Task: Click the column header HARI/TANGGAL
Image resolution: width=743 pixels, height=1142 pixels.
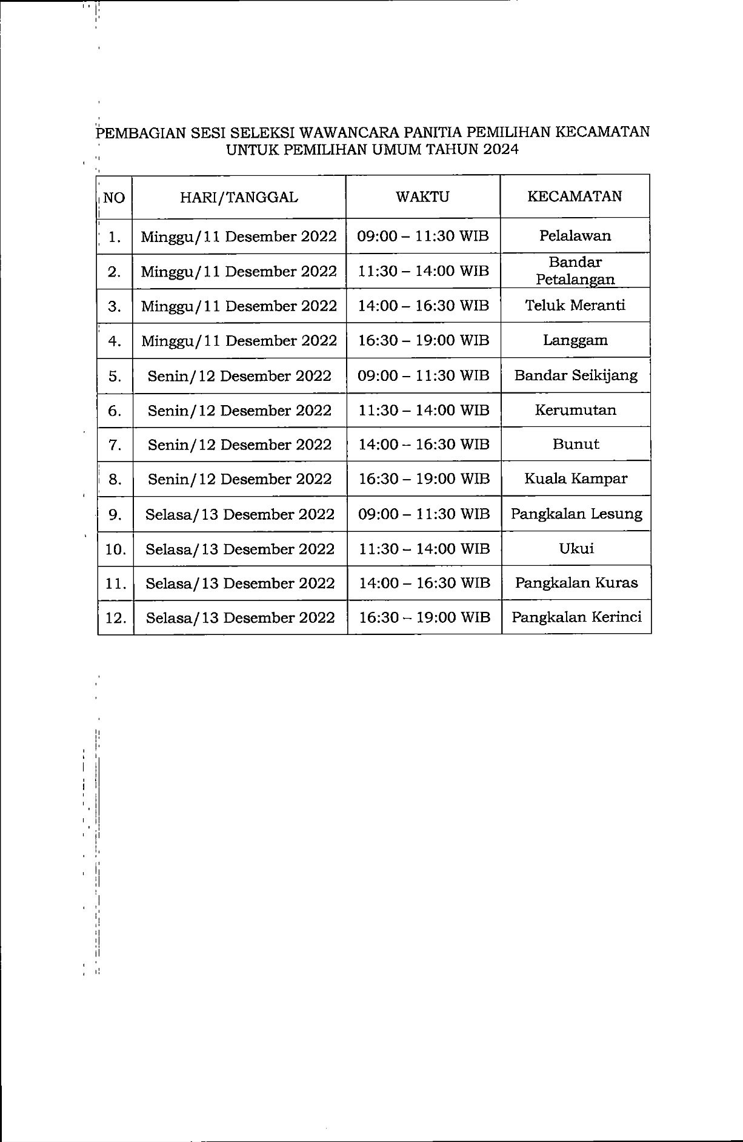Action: click(239, 197)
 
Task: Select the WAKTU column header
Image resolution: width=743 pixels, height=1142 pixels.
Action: click(422, 196)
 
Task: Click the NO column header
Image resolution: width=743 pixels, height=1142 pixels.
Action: click(114, 197)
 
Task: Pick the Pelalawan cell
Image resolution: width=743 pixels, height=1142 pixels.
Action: click(575, 235)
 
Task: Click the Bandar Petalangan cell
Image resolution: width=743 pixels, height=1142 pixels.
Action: click(575, 270)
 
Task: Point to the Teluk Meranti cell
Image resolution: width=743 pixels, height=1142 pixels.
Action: click(575, 305)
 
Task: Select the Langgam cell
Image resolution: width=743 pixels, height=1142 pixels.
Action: click(575, 340)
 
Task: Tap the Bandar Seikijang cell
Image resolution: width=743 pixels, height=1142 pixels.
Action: click(576, 375)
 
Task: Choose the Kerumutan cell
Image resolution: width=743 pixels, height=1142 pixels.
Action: click(576, 409)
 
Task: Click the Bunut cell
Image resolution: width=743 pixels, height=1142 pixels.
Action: click(576, 444)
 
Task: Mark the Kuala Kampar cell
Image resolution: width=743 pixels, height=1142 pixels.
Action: click(576, 479)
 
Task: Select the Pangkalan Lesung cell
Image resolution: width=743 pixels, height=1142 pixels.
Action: click(576, 514)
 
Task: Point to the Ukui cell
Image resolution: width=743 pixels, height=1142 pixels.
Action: click(576, 548)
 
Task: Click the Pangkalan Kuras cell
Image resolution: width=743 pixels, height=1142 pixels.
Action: click(576, 583)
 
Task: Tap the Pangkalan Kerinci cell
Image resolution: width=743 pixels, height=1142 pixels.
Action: click(576, 617)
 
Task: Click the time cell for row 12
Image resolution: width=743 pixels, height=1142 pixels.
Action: click(424, 617)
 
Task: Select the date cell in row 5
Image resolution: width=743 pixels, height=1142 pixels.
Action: click(239, 376)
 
